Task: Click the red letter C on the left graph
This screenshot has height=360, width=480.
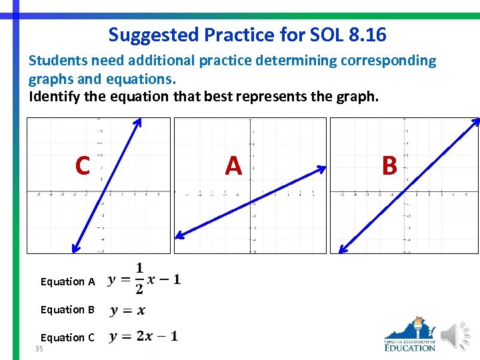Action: tap(82, 165)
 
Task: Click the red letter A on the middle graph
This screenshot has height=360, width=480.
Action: tap(233, 165)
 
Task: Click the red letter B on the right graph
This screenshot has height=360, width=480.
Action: tap(389, 165)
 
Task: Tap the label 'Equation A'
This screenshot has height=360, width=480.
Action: tap(67, 282)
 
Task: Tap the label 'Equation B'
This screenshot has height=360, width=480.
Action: tap(67, 309)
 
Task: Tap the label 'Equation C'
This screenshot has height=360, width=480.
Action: tap(67, 337)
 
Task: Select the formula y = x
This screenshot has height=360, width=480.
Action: tap(127, 310)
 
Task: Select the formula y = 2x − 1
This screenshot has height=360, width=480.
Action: tap(143, 337)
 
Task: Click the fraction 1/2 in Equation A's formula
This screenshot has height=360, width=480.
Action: tap(139, 278)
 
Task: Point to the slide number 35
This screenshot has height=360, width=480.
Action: tap(39, 349)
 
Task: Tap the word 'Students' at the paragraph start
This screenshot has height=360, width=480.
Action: tap(54, 61)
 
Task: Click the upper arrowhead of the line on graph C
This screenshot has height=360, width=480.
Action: tap(139, 121)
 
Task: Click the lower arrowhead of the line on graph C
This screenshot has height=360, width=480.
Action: tap(75, 250)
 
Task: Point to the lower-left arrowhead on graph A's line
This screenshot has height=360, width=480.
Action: tap(178, 235)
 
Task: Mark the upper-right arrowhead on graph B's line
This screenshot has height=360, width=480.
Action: tap(476, 121)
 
